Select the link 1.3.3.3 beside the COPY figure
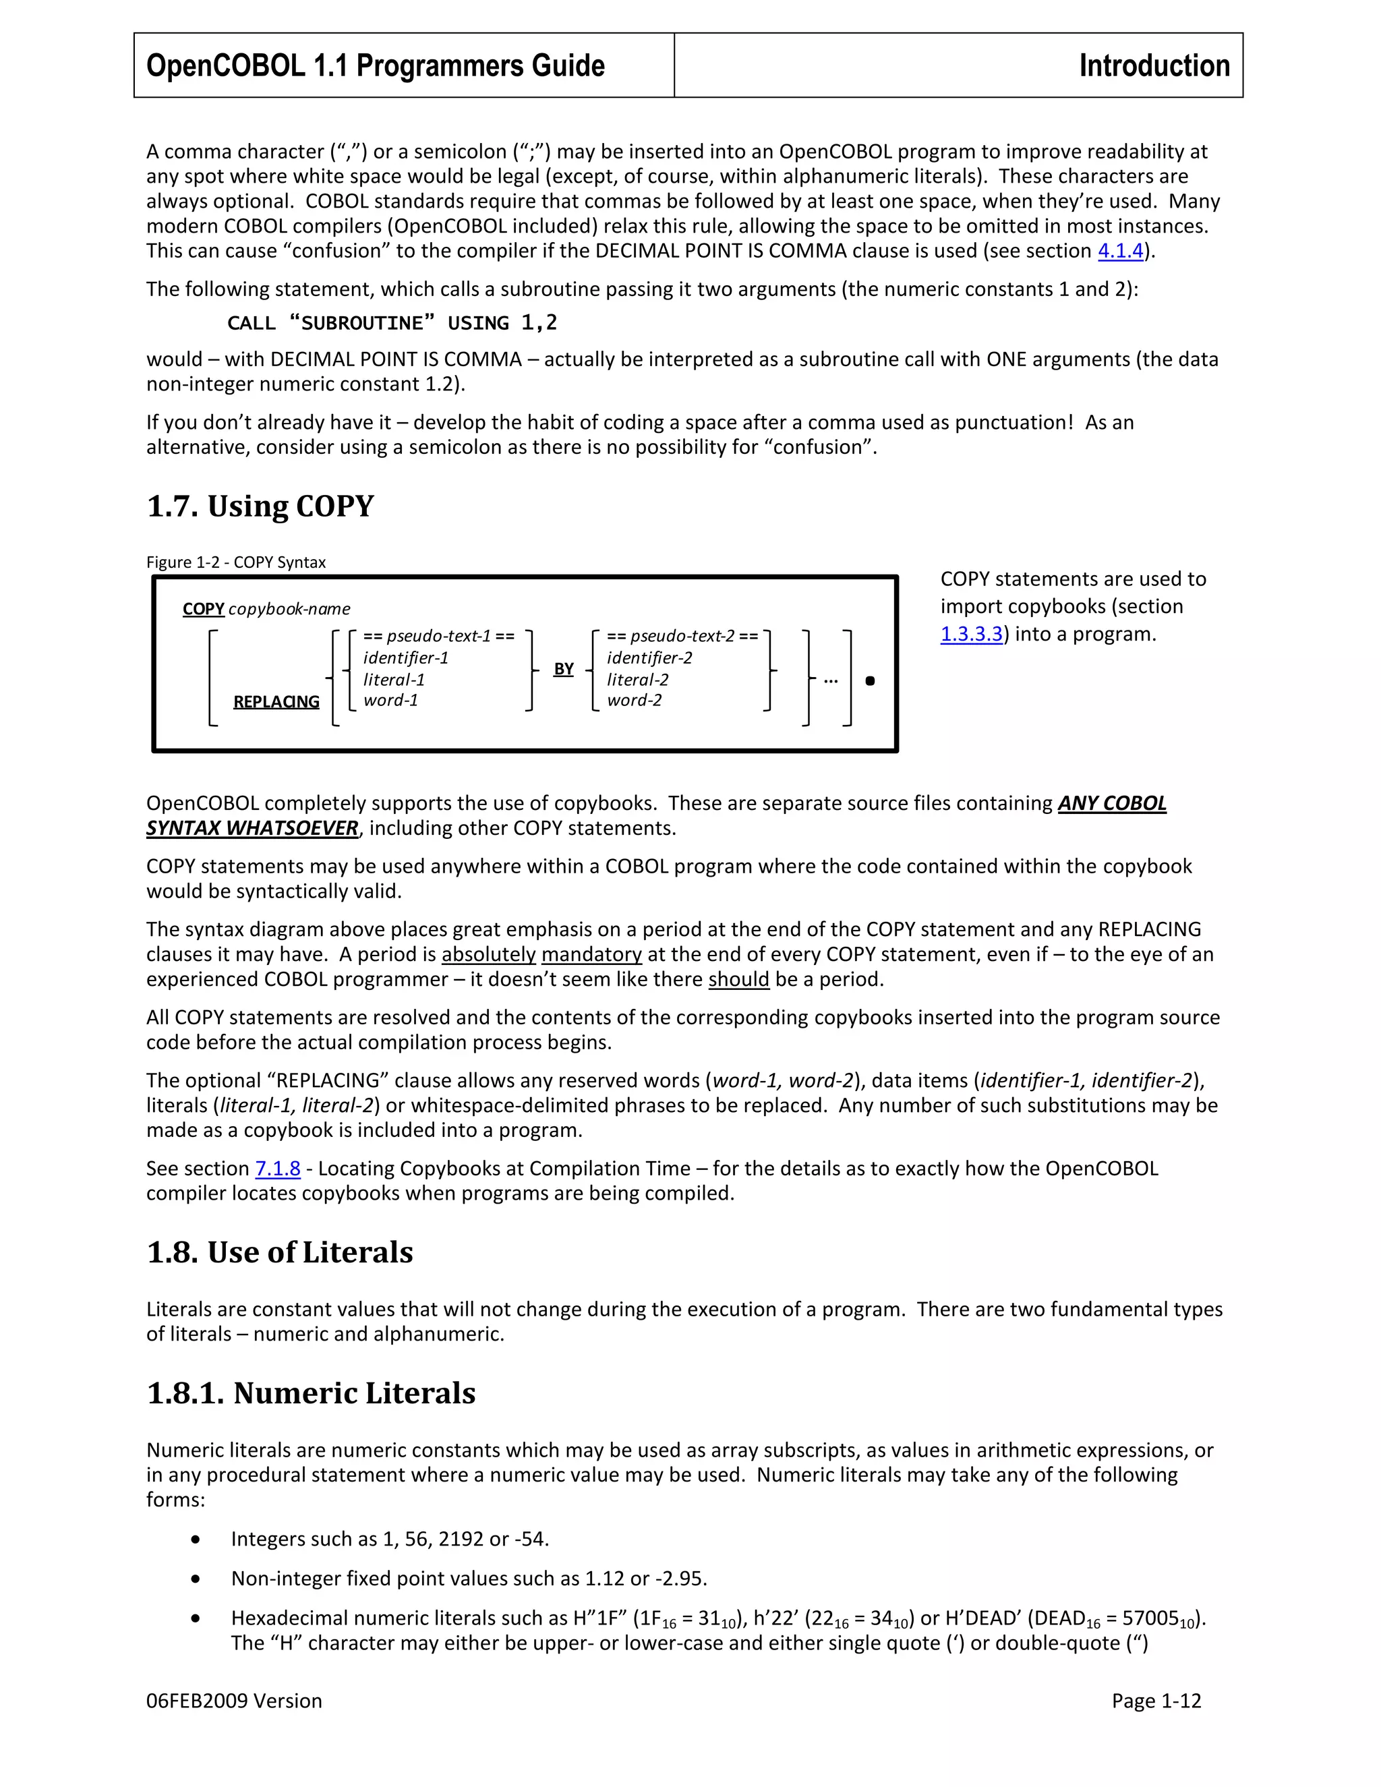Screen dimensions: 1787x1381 971,634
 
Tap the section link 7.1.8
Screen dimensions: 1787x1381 277,1169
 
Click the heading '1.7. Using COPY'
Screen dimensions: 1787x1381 260,506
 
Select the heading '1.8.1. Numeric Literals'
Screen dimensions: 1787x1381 311,1393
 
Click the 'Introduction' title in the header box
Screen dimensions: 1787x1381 1154,65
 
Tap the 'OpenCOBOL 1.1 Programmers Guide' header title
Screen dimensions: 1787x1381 376,65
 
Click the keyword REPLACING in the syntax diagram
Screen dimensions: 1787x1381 276,702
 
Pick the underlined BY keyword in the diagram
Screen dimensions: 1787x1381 564,670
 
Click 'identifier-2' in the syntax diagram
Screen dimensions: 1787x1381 649,658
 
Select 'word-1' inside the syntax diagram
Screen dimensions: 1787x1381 391,701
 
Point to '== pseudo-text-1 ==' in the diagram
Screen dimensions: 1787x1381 438,636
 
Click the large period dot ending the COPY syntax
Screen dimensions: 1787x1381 870,681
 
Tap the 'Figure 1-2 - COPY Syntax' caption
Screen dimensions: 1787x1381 235,562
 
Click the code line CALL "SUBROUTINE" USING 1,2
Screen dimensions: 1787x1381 392,323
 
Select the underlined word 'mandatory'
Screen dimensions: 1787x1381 591,954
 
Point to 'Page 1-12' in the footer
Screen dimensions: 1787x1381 1156,1701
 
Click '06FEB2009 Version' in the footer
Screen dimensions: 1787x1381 234,1701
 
